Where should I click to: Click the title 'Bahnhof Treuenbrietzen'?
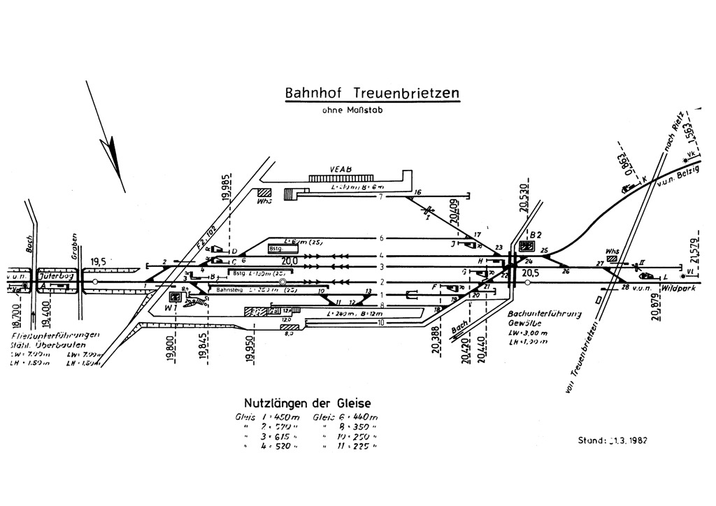coord(372,93)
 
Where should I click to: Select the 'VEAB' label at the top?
coord(341,168)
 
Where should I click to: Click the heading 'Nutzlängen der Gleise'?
coord(308,403)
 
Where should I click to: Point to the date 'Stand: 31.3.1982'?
coord(612,440)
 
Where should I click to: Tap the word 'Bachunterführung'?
coord(545,315)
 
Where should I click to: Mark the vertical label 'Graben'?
coord(73,248)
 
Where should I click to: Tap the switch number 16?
coord(418,193)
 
